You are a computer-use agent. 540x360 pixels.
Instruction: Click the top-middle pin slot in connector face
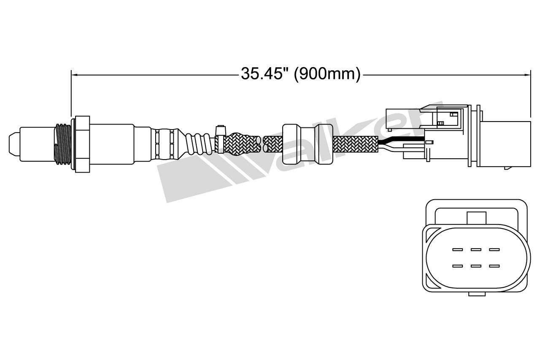[x=476, y=249]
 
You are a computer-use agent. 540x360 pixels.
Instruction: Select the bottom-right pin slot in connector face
[x=494, y=266]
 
